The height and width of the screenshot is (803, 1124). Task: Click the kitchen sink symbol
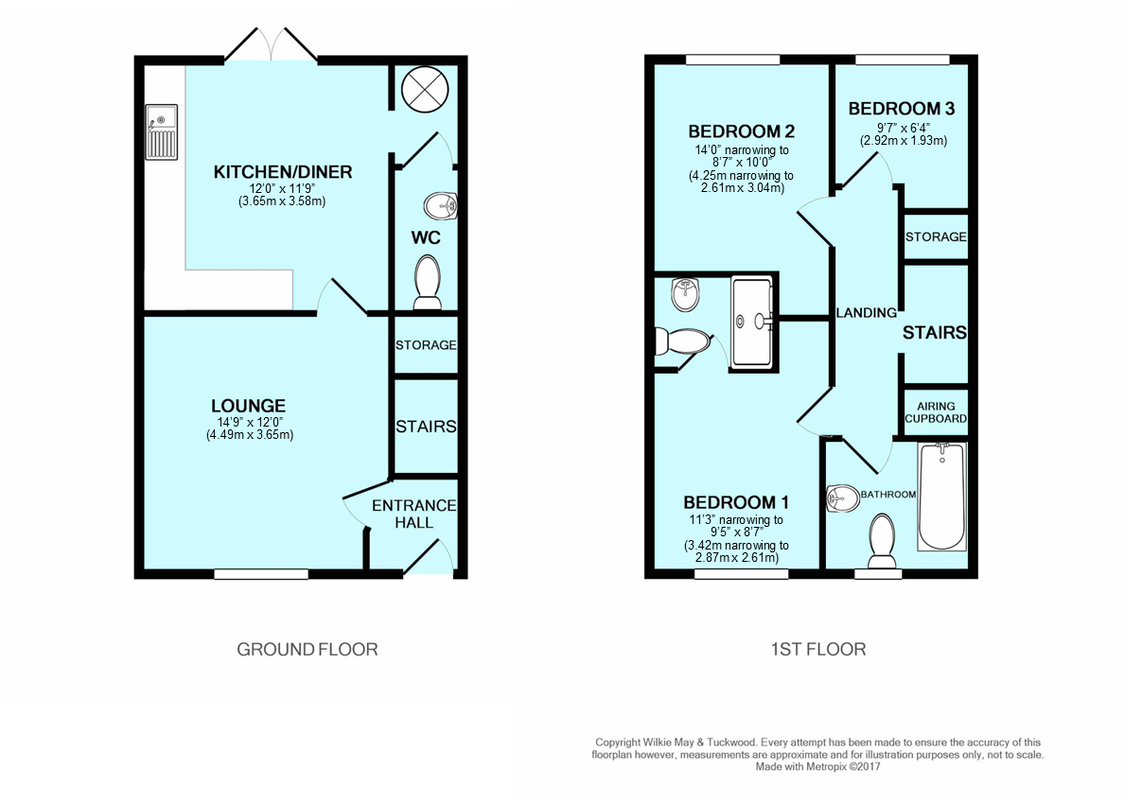162,132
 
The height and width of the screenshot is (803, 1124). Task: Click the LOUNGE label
250,407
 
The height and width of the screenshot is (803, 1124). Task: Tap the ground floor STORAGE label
426,345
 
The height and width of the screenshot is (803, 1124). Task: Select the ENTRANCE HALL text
413,514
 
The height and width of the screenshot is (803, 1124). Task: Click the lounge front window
261,573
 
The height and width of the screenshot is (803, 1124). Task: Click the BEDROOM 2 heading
740,131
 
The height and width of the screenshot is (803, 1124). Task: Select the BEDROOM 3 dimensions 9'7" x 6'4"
902,127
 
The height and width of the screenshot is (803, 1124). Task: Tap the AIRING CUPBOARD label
936,412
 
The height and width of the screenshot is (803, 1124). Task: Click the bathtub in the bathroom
942,497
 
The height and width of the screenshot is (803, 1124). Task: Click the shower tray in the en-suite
753,323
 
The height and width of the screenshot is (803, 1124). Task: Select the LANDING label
865,313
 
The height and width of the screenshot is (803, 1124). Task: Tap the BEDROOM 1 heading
736,502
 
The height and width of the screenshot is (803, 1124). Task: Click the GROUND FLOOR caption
307,649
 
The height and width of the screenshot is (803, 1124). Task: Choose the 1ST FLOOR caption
817,649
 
